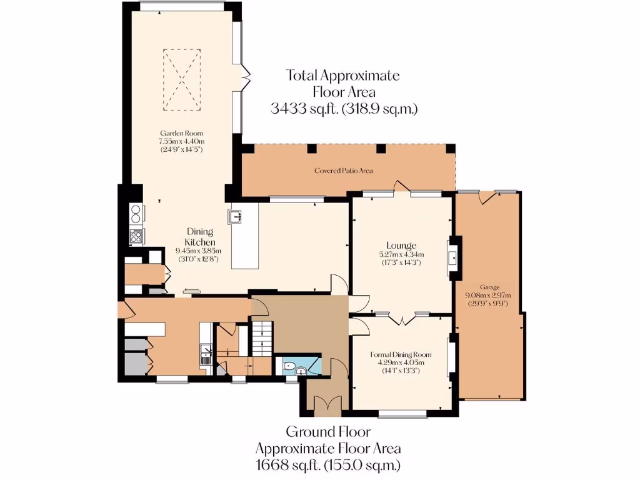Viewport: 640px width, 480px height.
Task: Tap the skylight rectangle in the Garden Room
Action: coord(181,80)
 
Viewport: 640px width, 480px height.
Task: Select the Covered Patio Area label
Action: coord(348,170)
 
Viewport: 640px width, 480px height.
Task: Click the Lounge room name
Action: coord(401,245)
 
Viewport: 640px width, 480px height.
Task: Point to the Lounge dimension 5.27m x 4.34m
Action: coord(401,254)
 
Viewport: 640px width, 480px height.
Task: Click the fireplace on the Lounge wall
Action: coord(452,256)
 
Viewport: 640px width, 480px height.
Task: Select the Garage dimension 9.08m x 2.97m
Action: coord(487,296)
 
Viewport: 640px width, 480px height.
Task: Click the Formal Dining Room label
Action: coord(400,354)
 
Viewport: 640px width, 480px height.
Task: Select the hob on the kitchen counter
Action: coord(136,236)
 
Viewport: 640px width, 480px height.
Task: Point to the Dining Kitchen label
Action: coord(200,237)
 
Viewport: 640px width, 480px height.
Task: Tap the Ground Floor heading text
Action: coord(328,431)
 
